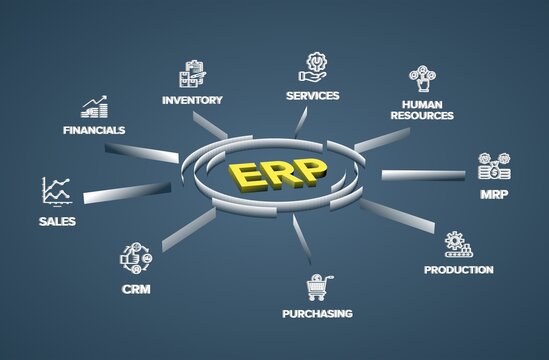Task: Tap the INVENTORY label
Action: (x=192, y=99)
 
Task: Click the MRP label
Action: (x=494, y=192)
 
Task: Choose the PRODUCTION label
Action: (x=458, y=269)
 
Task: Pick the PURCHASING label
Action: (x=316, y=313)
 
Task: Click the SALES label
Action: (x=56, y=221)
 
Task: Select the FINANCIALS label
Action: (x=94, y=130)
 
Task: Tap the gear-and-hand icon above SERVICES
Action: (x=313, y=68)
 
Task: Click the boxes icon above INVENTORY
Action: (x=192, y=74)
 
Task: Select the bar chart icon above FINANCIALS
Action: (x=95, y=106)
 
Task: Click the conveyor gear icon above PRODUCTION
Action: (x=459, y=244)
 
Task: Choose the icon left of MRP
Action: (x=494, y=166)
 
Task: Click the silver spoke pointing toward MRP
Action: (x=422, y=175)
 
